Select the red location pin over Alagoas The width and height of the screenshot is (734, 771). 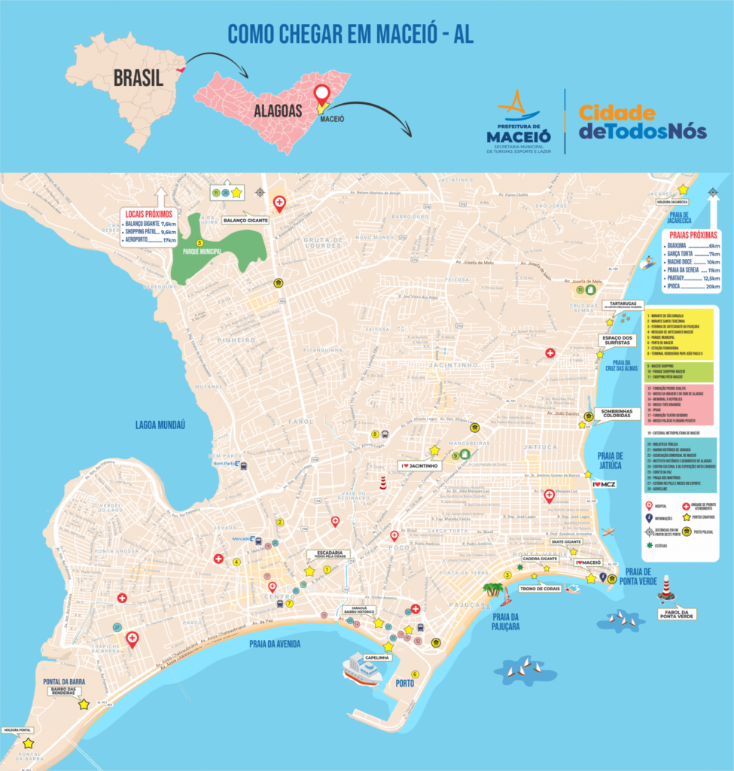(323, 98)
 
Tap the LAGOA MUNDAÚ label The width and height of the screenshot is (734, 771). (160, 425)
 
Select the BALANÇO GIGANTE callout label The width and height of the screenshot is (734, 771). (245, 221)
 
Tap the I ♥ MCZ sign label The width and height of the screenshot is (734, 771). (604, 484)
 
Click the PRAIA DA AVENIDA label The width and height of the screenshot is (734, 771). (275, 644)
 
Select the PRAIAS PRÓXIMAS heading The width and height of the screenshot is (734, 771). (690, 234)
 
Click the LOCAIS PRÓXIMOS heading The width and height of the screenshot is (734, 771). (150, 214)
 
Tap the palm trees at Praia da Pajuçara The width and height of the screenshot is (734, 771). (494, 590)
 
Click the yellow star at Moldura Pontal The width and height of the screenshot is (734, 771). (29, 742)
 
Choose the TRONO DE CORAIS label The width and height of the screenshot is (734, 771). (540, 589)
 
